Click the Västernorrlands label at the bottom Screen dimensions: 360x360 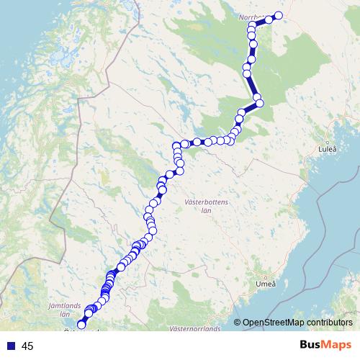194,329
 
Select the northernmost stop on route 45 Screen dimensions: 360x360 278,16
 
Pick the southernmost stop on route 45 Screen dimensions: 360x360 80,325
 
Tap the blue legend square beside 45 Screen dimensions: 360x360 10,346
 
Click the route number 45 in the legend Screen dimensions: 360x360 28,346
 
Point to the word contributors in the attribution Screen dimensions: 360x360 330,323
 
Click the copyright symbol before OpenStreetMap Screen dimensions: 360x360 238,323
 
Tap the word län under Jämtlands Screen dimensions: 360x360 64,315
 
